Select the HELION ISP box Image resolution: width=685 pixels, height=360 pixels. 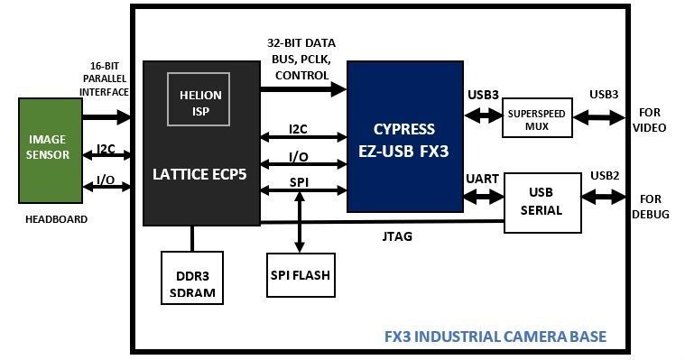click(199, 102)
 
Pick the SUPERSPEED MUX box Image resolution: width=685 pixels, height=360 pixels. click(536, 117)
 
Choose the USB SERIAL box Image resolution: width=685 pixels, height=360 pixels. click(542, 203)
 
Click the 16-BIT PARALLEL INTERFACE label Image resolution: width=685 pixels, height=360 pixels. click(104, 80)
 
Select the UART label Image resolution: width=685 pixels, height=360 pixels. click(483, 179)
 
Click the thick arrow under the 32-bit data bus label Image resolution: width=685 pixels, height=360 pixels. click(303, 89)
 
